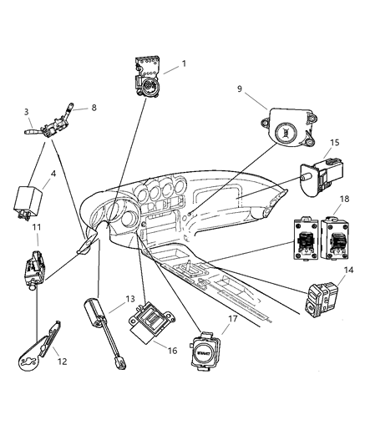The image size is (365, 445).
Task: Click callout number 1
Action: pyautogui.click(x=185, y=63)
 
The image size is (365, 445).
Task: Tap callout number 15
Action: pyautogui.click(x=335, y=143)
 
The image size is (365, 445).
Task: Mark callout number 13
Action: pyautogui.click(x=129, y=298)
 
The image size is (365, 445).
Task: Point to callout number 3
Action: pyautogui.click(x=27, y=111)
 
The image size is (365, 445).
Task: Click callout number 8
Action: pyautogui.click(x=94, y=107)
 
